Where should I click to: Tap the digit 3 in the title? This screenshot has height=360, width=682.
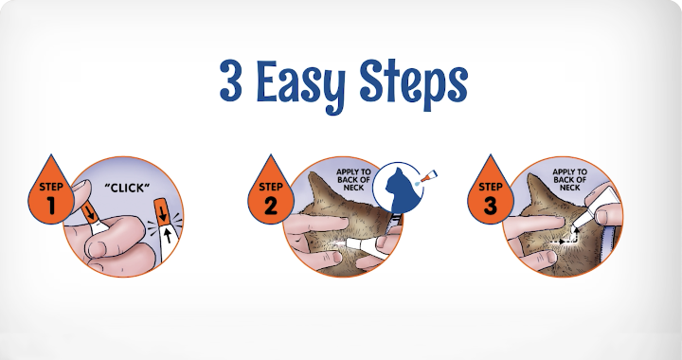[230, 81]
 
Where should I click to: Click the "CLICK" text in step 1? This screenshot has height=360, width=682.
[127, 188]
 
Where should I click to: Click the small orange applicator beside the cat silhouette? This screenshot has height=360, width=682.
[428, 177]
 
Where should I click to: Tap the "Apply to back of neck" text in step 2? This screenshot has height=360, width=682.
[353, 180]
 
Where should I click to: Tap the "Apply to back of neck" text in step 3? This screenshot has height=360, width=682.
[570, 180]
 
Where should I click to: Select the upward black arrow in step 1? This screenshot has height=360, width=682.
[168, 235]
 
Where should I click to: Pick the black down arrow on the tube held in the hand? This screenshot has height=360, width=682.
[91, 212]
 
